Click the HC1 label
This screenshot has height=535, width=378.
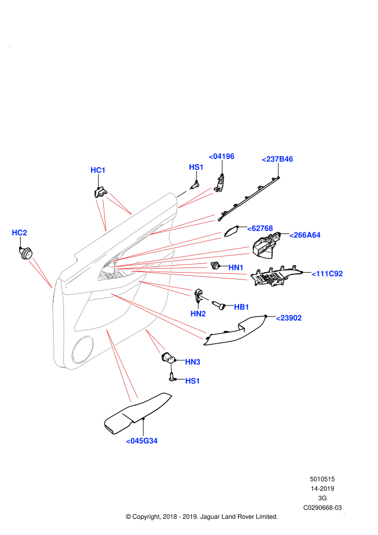(98, 170)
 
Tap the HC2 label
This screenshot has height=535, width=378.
(19, 233)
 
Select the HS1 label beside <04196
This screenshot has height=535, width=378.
(196, 167)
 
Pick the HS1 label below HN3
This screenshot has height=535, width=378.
(192, 381)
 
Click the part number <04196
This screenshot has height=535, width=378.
(221, 156)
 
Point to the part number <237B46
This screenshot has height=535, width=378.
(277, 159)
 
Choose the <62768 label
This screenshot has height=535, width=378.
(260, 228)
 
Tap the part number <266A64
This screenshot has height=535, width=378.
(305, 235)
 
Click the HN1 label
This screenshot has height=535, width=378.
(236, 267)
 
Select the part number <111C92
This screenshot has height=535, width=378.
(327, 274)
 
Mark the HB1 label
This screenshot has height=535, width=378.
(241, 307)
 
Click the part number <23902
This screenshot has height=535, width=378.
(289, 318)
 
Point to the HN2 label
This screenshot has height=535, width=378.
(198, 314)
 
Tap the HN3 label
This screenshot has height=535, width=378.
(192, 362)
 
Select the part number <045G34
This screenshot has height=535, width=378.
(142, 441)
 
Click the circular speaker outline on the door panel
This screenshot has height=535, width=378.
(82, 349)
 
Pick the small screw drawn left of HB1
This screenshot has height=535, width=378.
(206, 298)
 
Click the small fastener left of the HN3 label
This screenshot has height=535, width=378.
(171, 368)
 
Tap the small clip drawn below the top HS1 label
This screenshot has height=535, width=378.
(183, 193)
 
